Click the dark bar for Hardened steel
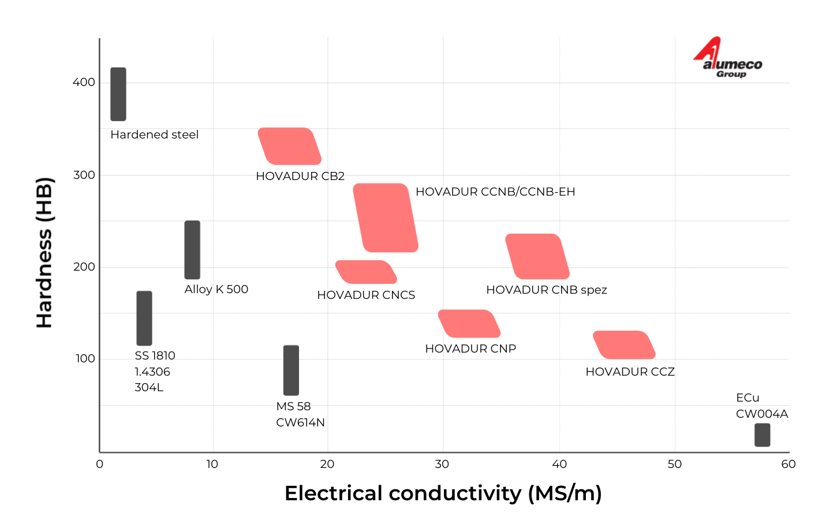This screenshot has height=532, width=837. coord(118,94)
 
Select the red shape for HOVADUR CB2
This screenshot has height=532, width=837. coord(290,147)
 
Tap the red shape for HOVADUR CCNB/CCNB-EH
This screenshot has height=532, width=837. coord(386,218)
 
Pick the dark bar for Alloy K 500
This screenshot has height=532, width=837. coord(192,250)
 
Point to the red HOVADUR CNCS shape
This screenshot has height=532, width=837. coord(366,272)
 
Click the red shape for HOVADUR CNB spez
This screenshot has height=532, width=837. coord(537,257)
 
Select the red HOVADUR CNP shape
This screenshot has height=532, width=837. coord(469,324)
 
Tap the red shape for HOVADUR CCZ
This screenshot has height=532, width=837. coord(624,345)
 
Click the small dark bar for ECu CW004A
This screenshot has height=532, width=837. coord(762,435)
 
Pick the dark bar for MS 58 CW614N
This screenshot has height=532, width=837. coord(291,370)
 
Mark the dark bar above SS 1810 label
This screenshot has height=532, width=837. coord(144,319)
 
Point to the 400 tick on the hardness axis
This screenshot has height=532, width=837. coord(84,83)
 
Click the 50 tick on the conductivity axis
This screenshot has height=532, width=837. coord(674,464)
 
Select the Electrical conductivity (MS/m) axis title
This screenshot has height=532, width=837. coord(443,494)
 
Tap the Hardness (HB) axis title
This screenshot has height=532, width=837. coord(44,253)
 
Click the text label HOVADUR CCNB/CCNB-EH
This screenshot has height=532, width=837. coord(495,192)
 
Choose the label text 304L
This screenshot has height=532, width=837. coord(149,388)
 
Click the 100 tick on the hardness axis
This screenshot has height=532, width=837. coord(85,359)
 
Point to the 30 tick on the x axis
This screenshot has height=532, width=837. coord(442,464)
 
